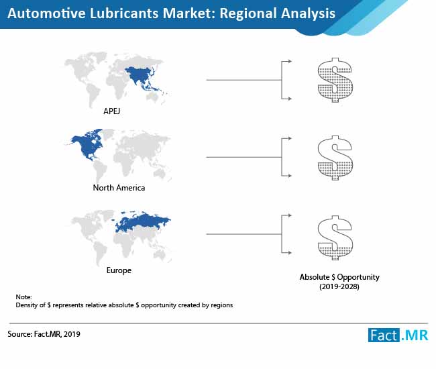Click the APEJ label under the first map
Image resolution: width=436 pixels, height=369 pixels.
[112, 111]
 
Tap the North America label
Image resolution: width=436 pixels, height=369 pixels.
[119, 188]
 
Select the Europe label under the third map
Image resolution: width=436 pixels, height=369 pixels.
[119, 270]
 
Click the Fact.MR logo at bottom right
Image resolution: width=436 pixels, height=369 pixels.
[398, 335]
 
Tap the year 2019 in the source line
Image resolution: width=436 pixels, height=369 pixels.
[72, 334]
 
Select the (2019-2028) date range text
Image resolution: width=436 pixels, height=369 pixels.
[339, 286]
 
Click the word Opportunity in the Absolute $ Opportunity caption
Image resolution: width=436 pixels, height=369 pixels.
[358, 277]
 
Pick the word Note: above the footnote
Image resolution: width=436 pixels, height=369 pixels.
[23, 297]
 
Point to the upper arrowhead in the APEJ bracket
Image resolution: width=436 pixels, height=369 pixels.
[290, 61]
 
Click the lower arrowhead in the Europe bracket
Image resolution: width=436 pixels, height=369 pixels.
[290, 253]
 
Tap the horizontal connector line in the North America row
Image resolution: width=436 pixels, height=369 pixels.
[244, 157]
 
